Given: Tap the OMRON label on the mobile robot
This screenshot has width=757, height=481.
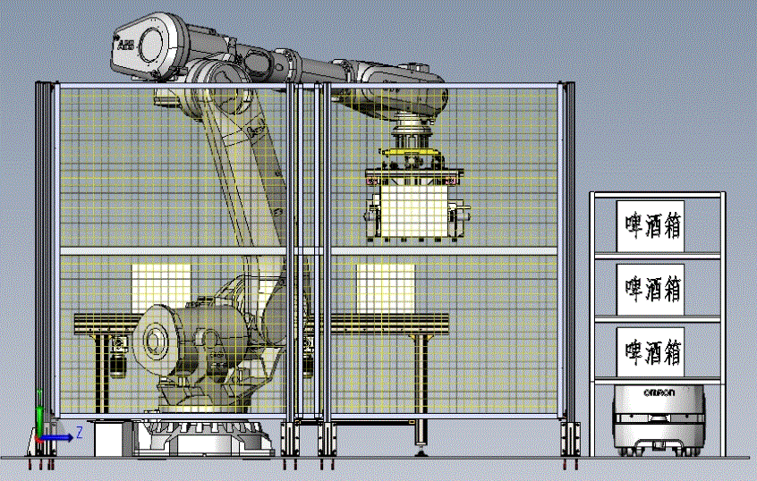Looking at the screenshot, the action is pyautogui.click(x=659, y=392).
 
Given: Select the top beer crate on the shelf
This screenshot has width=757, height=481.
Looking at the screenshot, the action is pyautogui.click(x=650, y=226).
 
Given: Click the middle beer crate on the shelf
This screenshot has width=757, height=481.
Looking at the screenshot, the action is pyautogui.click(x=650, y=289).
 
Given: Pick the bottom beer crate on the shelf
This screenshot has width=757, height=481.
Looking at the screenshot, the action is pyautogui.click(x=650, y=351).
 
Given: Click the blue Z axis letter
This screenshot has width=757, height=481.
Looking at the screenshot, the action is pyautogui.click(x=79, y=432).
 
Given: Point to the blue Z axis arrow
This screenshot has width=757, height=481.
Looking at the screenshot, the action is pyautogui.click(x=57, y=437).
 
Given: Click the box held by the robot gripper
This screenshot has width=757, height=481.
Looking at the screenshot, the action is pyautogui.click(x=414, y=211).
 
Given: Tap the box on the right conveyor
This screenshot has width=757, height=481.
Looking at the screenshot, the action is pyautogui.click(x=386, y=288).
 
